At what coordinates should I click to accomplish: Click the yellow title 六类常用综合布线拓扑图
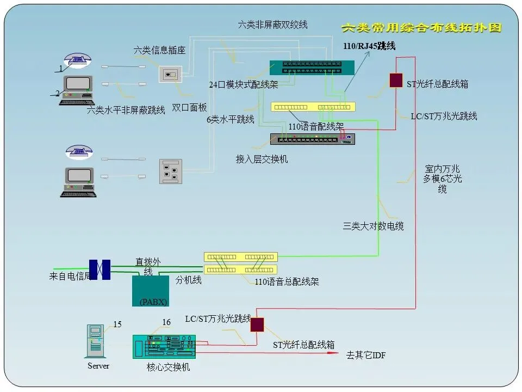421,27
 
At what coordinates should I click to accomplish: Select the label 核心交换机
169,367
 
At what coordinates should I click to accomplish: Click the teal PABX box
151,291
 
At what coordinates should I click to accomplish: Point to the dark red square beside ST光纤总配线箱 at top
396,80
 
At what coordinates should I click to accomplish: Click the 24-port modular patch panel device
312,68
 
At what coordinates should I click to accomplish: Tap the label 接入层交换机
262,159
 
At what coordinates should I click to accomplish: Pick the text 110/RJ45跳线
369,46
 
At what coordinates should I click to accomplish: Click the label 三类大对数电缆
373,226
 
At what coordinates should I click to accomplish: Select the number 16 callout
166,322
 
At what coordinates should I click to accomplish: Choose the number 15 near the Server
117,324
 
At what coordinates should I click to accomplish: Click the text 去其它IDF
366,356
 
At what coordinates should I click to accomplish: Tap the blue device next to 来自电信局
100,269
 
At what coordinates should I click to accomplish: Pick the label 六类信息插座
160,51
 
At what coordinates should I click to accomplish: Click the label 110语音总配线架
287,281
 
